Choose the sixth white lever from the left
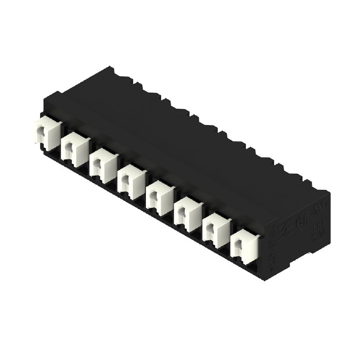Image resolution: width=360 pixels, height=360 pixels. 188,213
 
